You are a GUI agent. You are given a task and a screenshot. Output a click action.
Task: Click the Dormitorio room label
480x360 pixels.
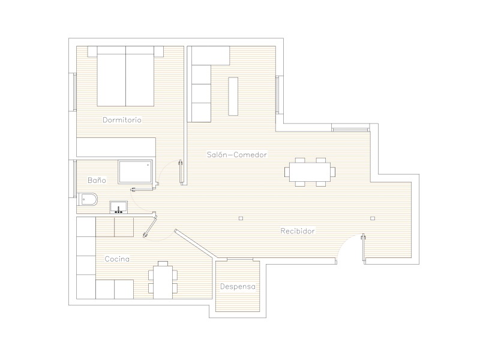point(122,119)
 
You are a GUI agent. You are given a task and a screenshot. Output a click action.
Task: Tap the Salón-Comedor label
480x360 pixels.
point(236,155)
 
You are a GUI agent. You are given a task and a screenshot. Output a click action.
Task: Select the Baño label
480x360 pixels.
point(97,180)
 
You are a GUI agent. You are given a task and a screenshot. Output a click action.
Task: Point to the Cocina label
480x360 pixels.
point(117,259)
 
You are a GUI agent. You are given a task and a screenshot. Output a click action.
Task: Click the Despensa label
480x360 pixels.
point(238,287)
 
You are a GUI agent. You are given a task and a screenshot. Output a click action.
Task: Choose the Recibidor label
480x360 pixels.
point(298,231)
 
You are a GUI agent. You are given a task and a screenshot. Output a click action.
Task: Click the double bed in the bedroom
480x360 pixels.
point(125,76)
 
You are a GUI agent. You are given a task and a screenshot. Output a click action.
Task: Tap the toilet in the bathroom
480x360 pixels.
point(87,199)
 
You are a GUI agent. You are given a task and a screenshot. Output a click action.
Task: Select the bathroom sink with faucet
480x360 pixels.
point(118,207)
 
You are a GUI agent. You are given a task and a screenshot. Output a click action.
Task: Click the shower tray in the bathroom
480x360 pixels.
point(136,172)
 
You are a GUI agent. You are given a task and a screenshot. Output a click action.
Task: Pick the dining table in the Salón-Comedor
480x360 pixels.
point(310,172)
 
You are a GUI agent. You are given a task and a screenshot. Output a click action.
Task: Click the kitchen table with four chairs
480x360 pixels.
point(163,280)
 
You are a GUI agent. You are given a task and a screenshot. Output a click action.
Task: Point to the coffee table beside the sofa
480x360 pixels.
point(233,96)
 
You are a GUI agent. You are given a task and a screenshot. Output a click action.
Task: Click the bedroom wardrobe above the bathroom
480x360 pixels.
point(116,147)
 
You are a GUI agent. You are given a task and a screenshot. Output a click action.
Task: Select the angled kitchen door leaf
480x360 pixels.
point(150,226)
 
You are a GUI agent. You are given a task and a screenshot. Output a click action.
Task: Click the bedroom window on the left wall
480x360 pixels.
point(74,92)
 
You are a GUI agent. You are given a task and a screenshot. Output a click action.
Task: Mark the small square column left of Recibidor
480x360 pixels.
point(241,218)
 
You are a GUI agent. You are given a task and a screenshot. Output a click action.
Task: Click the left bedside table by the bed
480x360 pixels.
point(92,52)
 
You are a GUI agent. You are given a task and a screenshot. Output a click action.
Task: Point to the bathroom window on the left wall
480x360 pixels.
point(74,179)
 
